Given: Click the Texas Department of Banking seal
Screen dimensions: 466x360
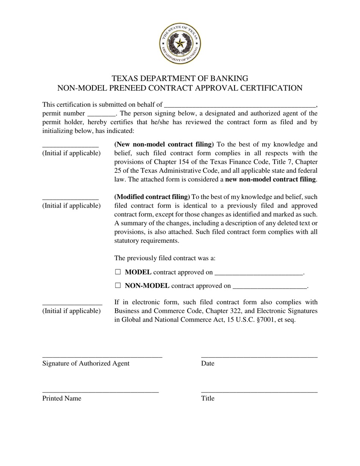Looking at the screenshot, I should click(x=180, y=44).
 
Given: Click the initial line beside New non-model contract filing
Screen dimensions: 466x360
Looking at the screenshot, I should click(x=70, y=146).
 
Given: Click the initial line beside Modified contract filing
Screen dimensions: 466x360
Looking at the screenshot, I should click(x=70, y=198).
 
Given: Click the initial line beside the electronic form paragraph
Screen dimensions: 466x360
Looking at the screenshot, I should click(x=72, y=303).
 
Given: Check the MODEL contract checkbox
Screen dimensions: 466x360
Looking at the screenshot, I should click(x=118, y=272).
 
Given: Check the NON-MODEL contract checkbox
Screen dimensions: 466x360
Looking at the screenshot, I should click(x=118, y=286).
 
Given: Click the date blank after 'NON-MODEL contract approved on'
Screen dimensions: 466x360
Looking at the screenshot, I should click(x=269, y=287).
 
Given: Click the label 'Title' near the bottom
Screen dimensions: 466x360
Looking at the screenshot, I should click(x=208, y=399).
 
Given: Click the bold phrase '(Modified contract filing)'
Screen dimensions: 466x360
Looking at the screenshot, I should click(x=152, y=197).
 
